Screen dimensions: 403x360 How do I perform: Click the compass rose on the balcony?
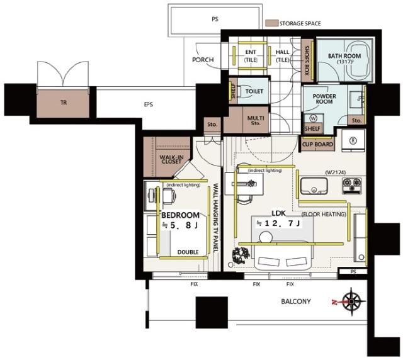(351, 301)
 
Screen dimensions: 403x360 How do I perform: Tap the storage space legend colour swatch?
(271, 23)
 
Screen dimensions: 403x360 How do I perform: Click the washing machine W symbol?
(314, 118)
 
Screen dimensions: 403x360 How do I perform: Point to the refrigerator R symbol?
(353, 140)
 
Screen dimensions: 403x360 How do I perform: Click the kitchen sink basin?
(314, 186)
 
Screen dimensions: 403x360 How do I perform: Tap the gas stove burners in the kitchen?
(351, 185)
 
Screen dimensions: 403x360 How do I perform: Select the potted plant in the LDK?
(241, 255)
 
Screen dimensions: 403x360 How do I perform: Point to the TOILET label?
(254, 91)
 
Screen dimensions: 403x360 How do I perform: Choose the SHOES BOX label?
(307, 60)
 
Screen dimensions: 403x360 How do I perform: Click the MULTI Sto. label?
(256, 120)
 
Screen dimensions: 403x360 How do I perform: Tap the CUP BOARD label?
(317, 144)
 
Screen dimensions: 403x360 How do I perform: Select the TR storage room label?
(64, 103)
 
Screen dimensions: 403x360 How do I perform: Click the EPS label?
(149, 104)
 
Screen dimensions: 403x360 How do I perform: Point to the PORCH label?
(203, 60)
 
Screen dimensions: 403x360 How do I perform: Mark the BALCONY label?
(296, 301)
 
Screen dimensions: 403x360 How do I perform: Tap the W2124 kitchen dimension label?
(336, 172)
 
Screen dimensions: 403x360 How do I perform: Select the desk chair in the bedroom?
(169, 196)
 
